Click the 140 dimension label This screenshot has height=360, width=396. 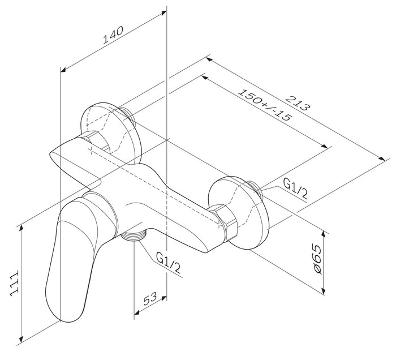click(113, 37)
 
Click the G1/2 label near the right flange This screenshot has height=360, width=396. click(295, 188)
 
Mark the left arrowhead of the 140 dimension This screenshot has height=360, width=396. click(63, 70)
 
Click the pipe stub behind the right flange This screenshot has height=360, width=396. click(258, 190)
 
